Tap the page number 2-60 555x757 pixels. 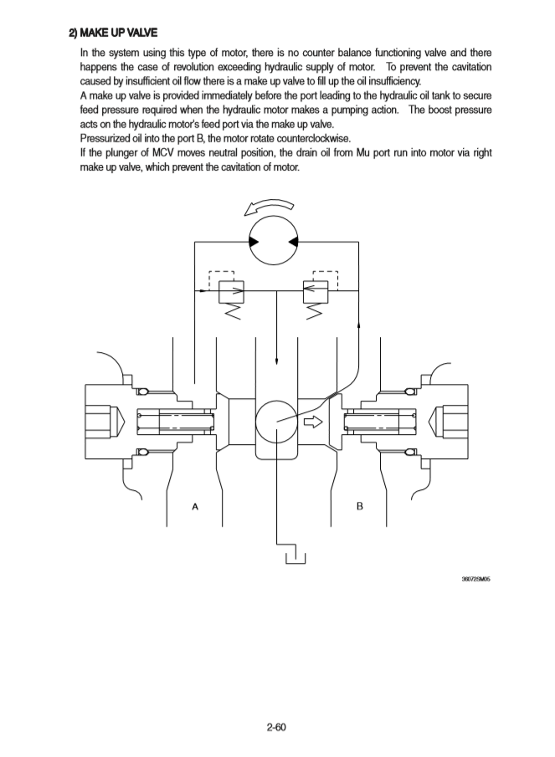pos(276,726)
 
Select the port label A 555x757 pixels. pos(195,506)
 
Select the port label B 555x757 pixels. pos(360,506)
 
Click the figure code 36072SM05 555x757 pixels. pos(475,578)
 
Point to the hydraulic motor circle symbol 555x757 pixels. pos(276,242)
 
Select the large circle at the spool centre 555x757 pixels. pos(277,422)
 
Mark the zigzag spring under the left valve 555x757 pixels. pos(234,313)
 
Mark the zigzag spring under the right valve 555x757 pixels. pos(316,313)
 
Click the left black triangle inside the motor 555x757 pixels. pos(254,242)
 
